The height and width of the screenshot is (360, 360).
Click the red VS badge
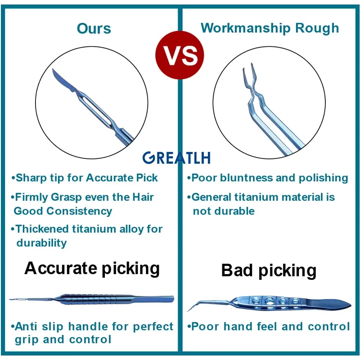(x=180, y=55)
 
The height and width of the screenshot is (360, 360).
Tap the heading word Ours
(x=94, y=28)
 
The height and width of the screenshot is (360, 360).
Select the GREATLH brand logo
(x=176, y=157)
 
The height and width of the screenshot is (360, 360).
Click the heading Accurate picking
(x=92, y=268)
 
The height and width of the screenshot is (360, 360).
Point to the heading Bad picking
(x=269, y=270)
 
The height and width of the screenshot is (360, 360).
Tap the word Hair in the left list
(x=143, y=197)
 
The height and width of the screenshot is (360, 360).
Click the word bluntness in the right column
(x=246, y=178)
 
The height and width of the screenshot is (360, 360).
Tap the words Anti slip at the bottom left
(x=37, y=326)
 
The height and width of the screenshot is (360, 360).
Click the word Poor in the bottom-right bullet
(x=205, y=326)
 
